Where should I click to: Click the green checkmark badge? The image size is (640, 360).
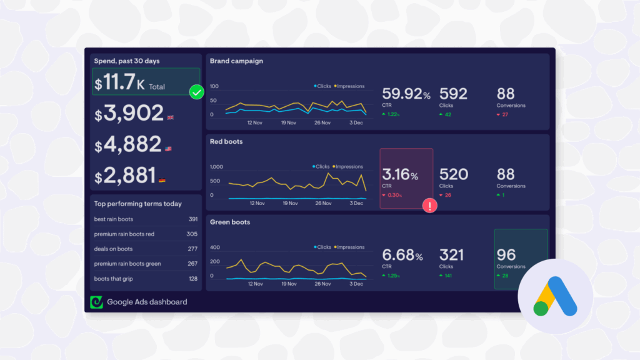coord(197,92)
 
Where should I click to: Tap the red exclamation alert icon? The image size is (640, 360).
coord(430,206)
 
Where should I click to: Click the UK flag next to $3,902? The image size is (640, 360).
coord(171,117)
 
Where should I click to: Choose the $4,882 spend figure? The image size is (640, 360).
coord(128,145)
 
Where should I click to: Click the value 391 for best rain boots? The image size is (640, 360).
coord(192,219)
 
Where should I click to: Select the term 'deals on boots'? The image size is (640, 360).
coord(113,249)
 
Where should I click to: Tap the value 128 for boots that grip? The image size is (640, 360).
coord(192,279)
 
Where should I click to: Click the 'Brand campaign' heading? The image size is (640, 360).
coord(236,61)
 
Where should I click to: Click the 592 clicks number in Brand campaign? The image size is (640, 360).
coord(453,94)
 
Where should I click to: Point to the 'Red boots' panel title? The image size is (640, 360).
coord(226,142)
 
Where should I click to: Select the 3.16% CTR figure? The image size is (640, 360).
coord(401,175)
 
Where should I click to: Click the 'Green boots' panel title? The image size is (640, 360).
coord(230,222)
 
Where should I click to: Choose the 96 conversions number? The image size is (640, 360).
coord(506,255)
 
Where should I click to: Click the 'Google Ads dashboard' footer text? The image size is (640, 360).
coord(147,302)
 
